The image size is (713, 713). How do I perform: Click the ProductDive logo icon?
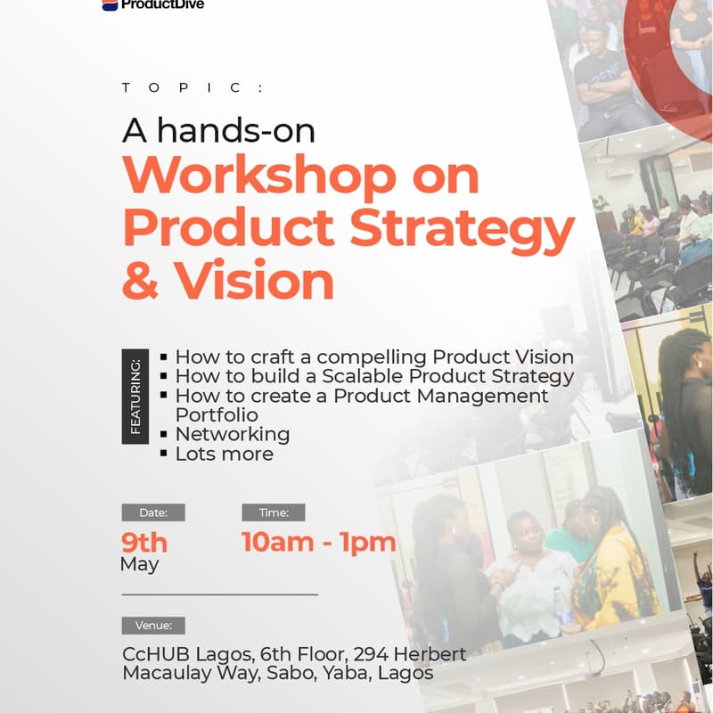click(x=110, y=4)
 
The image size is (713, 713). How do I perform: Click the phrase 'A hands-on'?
click(x=218, y=131)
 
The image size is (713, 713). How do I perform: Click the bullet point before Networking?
click(x=163, y=434)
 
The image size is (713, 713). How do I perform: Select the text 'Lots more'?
click(x=224, y=454)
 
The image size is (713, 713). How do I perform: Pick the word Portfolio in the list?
click(x=217, y=414)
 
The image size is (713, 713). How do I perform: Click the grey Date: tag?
click(x=153, y=512)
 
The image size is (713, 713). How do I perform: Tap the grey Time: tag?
click(x=274, y=512)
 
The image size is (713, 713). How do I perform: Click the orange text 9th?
click(x=144, y=542)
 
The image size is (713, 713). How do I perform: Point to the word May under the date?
click(x=139, y=564)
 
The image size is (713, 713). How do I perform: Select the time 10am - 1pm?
click(x=318, y=542)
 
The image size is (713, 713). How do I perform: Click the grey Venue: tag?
click(x=153, y=625)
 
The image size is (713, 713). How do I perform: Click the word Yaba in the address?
click(x=347, y=673)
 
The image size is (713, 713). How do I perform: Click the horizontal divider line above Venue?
click(x=219, y=594)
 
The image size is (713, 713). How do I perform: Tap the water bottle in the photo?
click(x=561, y=605)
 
